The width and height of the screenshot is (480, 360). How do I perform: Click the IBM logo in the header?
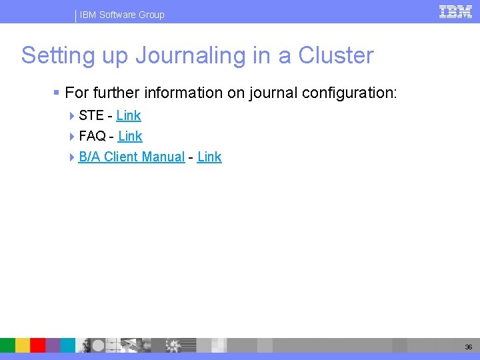tap(456, 11)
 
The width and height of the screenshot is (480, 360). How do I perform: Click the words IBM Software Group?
tap(122, 15)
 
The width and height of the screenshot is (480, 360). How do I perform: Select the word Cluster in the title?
tap(336, 55)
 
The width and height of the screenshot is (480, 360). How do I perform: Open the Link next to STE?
tap(129, 115)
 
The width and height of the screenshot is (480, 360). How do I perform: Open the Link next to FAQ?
tap(130, 136)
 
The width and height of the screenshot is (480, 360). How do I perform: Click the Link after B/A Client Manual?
tap(209, 157)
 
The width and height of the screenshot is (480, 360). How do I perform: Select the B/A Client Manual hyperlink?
tap(131, 157)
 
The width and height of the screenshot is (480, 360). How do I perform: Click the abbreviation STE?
tap(91, 115)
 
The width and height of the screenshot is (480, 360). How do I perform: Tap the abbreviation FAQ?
tap(92, 136)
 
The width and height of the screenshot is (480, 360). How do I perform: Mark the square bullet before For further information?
tap(58, 93)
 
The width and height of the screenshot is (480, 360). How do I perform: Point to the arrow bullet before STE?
tap(72, 116)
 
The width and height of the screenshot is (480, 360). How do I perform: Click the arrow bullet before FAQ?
tap(72, 137)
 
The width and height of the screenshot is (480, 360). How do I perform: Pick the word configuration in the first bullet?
tap(349, 93)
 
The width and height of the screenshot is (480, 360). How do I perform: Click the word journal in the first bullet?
tap(273, 93)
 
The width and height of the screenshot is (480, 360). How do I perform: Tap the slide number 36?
tap(469, 347)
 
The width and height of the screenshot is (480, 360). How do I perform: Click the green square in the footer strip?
tap(7, 345)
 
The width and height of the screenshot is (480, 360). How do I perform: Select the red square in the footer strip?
tap(37, 345)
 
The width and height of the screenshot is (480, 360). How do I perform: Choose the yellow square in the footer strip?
tap(23, 345)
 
